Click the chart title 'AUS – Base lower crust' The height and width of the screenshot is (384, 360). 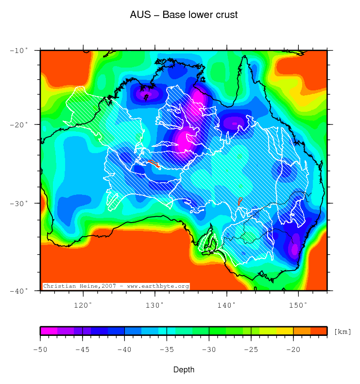click(x=184, y=15)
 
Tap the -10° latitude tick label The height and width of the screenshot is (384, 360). click(x=20, y=50)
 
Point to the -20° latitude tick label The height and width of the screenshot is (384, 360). click(x=20, y=124)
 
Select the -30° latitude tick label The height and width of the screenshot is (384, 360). click(x=20, y=203)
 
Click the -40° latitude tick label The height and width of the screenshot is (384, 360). click(x=20, y=291)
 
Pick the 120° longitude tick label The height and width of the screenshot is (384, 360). click(x=83, y=305)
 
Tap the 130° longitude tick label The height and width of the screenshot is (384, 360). click(x=154, y=305)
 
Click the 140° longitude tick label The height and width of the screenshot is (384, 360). click(x=226, y=305)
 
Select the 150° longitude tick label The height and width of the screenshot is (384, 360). click(x=298, y=305)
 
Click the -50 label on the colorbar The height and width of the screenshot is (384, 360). click(x=41, y=349)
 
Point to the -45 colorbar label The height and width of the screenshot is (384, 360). click(x=83, y=349)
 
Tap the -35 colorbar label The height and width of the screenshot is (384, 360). click(x=167, y=349)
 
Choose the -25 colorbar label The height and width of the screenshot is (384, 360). click(x=251, y=349)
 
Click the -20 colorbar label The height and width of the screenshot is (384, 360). click(x=293, y=349)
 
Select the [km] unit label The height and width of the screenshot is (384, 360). click(x=342, y=332)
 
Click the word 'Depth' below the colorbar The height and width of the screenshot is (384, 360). click(x=184, y=370)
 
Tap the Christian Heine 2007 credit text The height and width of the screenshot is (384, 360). click(x=116, y=286)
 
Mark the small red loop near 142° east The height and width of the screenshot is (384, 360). click(x=240, y=201)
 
